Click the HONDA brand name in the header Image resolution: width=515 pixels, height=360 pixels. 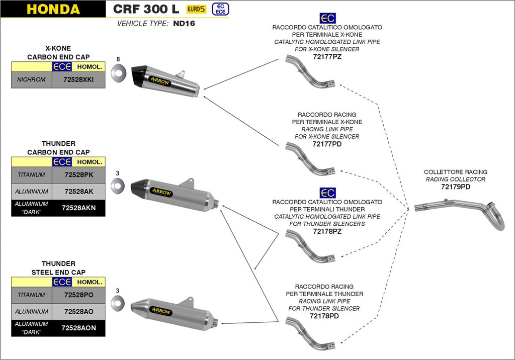(53, 9)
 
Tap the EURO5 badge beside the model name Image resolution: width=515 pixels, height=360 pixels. (196, 9)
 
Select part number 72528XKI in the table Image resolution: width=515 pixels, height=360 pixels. (78, 80)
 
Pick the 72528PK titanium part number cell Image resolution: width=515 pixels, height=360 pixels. (78, 175)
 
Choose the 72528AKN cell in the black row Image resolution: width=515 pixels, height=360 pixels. (78, 208)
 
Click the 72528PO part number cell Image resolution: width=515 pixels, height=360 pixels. (78, 295)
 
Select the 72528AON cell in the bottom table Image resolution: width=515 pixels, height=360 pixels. (78, 328)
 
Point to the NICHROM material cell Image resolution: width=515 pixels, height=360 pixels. (31, 80)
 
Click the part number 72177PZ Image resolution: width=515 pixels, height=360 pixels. (327, 57)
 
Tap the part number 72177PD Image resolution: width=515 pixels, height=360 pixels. (327, 144)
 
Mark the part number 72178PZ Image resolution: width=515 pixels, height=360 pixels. (327, 231)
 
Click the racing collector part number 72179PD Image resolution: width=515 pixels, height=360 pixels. (456, 187)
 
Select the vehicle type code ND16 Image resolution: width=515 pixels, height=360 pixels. (185, 24)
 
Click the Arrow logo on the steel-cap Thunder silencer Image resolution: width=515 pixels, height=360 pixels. (161, 311)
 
